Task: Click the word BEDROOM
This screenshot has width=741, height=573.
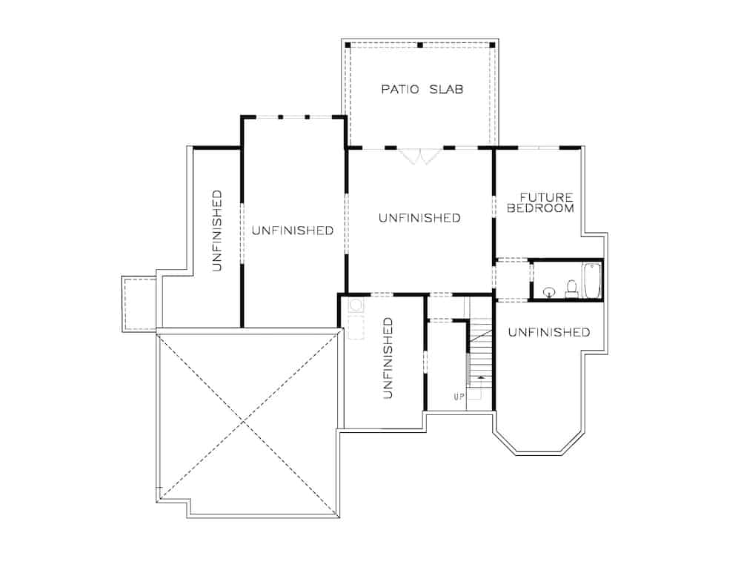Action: coord(540,208)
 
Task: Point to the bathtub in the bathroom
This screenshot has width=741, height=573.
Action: coord(591,279)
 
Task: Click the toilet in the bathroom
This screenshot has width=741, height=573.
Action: coord(571,288)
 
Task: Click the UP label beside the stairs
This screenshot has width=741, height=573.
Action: coord(459,397)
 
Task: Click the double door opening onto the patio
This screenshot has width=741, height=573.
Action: coord(420,156)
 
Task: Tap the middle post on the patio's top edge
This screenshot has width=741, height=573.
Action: coord(419,45)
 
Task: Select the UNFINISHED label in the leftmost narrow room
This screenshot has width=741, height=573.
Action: coord(217,231)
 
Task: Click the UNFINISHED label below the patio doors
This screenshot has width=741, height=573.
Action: coord(419,218)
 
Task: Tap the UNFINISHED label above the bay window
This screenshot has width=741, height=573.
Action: coord(549,332)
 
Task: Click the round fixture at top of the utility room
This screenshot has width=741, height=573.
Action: coord(355,305)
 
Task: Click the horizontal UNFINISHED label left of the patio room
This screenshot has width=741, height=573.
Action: coord(292,231)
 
